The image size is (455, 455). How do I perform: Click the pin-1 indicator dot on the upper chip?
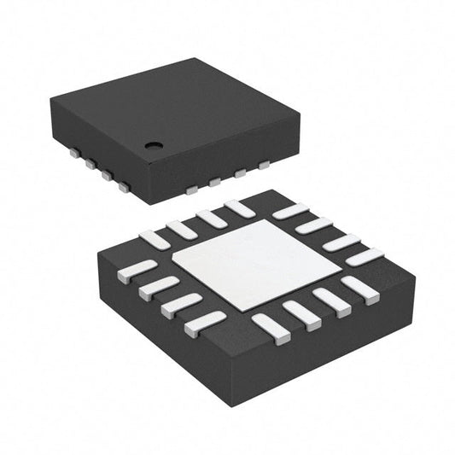(154, 145)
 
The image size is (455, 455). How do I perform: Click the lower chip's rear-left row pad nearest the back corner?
(241, 207)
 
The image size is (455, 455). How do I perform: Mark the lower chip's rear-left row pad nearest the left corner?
(155, 241)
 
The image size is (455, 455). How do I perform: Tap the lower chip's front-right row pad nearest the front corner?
(270, 325)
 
